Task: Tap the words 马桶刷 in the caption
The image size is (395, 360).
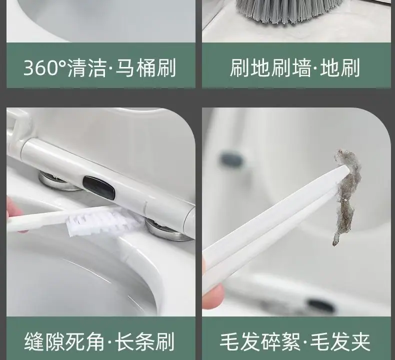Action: (x=145, y=68)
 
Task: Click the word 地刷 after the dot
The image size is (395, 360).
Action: (x=340, y=68)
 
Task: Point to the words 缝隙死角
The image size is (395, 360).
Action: (x=64, y=341)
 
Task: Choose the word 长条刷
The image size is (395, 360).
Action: (x=144, y=341)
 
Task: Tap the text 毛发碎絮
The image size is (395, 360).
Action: (x=260, y=342)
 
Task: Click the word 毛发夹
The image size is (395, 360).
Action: (x=340, y=342)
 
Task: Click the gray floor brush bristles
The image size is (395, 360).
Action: (x=289, y=11)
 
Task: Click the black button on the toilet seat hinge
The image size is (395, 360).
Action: (x=99, y=186)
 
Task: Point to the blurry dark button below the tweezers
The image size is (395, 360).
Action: (x=321, y=305)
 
